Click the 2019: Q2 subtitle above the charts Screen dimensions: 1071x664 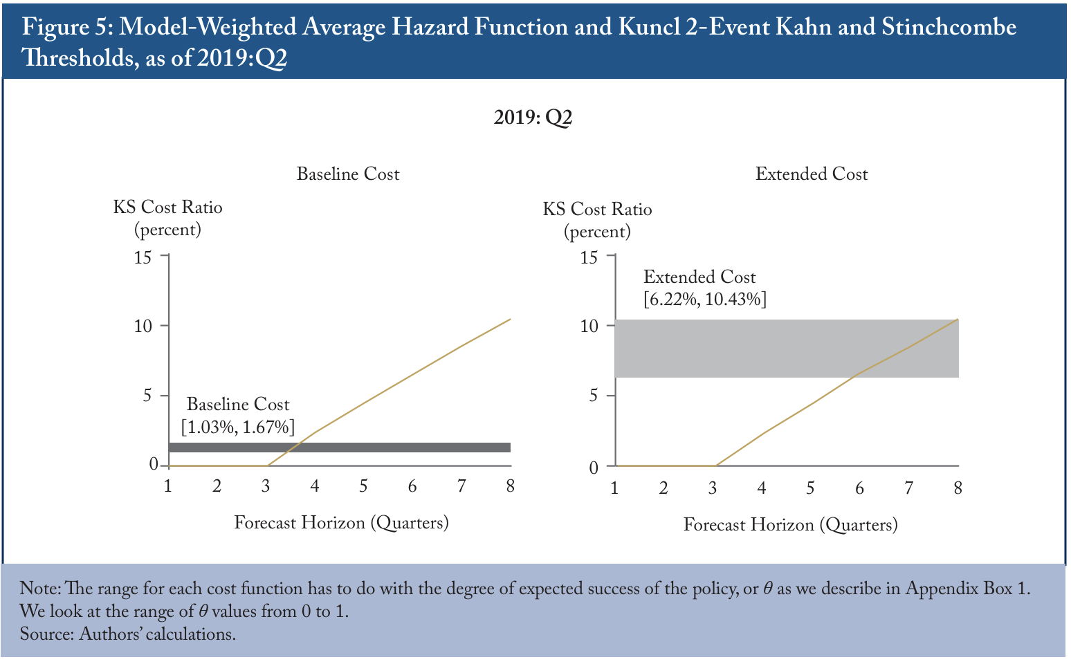click(x=533, y=118)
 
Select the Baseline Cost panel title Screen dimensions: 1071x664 click(x=347, y=174)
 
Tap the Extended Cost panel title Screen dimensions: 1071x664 click(x=812, y=174)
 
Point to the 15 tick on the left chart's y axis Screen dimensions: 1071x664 click(x=143, y=258)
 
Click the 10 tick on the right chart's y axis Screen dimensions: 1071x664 click(x=589, y=326)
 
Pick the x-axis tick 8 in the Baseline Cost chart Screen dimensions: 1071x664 click(x=510, y=486)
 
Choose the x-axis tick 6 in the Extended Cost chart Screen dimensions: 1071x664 click(x=859, y=488)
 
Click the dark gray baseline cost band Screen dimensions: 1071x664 click(x=340, y=448)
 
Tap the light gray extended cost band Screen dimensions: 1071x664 click(x=787, y=349)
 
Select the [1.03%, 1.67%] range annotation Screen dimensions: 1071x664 click(x=237, y=427)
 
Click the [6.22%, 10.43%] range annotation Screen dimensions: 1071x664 click(x=705, y=299)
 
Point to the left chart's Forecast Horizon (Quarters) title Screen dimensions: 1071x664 click(x=341, y=523)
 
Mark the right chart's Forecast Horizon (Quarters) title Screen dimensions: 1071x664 click(x=790, y=525)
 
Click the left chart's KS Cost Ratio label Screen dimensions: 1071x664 click(x=167, y=207)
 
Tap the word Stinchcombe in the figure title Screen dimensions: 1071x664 click(x=949, y=27)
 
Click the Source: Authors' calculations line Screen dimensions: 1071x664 click(x=128, y=634)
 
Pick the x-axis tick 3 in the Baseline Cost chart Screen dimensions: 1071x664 click(x=266, y=486)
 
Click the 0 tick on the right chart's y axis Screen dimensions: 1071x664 click(x=594, y=468)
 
